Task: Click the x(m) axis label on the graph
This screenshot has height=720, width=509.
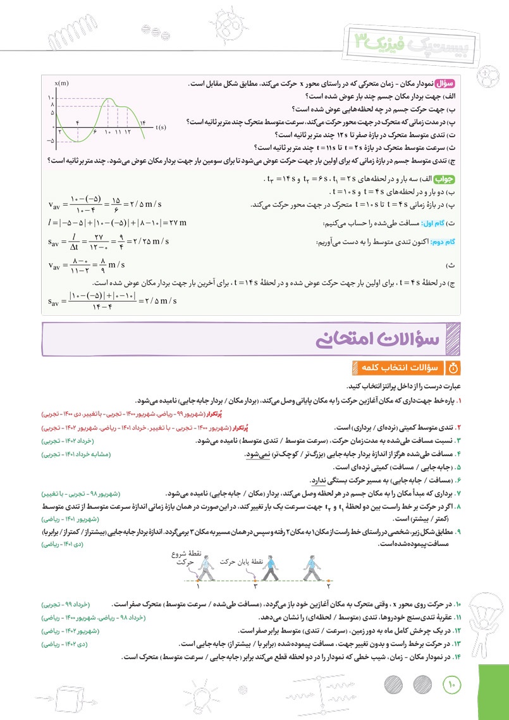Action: (61, 84)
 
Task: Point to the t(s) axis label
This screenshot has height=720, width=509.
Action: (161, 127)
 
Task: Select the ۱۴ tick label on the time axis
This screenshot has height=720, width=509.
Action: (142, 121)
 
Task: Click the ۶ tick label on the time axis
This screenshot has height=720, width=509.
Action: (94, 131)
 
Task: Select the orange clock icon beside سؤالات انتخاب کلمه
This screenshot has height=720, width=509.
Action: (451, 367)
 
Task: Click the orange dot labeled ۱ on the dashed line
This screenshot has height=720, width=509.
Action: (198, 578)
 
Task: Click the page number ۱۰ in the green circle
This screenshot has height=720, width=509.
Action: (452, 685)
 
